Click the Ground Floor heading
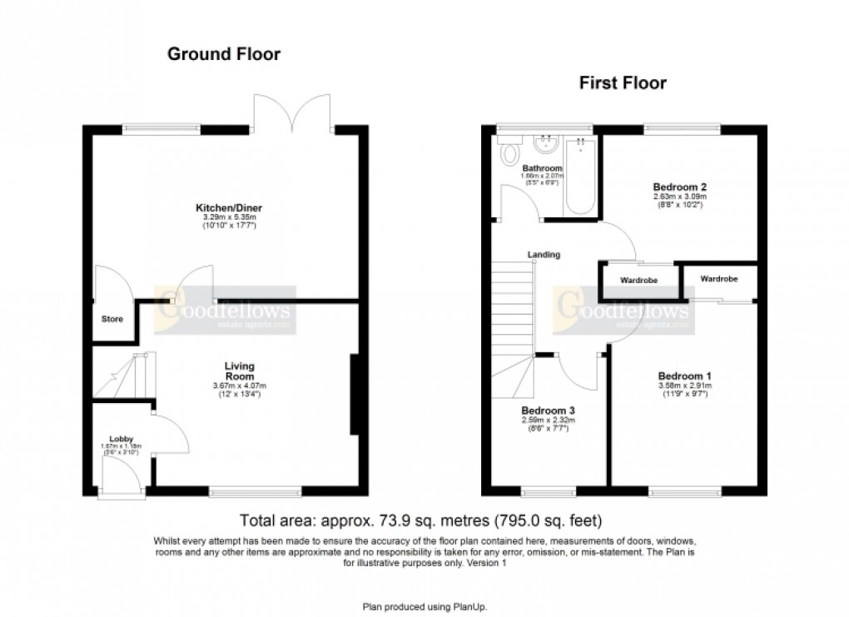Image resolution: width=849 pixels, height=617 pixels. point(224,54)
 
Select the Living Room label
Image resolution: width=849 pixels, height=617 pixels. point(239,371)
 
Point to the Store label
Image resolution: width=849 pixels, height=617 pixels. point(112,319)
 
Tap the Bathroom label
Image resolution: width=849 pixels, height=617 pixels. point(543,167)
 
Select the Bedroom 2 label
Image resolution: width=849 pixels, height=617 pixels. point(679,187)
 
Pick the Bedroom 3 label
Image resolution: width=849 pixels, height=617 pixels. point(548,411)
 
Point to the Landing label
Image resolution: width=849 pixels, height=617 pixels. point(543,255)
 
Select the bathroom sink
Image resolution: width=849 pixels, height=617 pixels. point(548,144)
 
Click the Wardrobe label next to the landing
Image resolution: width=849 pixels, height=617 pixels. point(638,281)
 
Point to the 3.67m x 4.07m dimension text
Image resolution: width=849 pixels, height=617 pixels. point(239,386)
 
